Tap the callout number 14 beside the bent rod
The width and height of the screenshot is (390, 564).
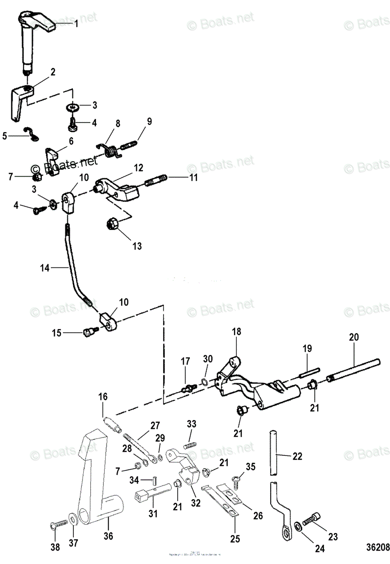pos(45,268)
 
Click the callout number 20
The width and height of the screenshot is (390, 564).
pos(353,337)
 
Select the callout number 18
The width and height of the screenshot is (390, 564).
pos(236,332)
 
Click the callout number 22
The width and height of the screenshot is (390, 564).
pos(297,456)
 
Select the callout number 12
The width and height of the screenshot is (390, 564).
pos(138,167)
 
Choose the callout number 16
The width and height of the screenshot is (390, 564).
pos(103,397)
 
